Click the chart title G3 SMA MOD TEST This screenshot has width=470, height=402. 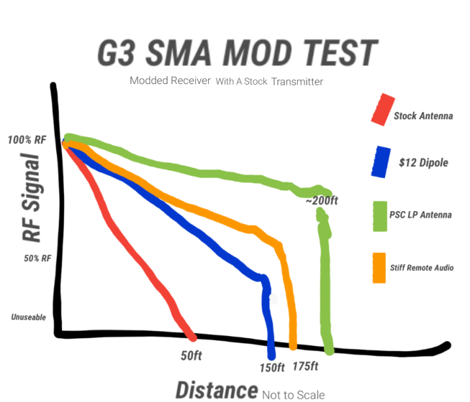point(238,52)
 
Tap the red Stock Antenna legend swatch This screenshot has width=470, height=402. point(381,109)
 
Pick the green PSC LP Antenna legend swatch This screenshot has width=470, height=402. point(381,216)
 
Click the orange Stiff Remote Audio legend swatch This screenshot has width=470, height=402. point(378,268)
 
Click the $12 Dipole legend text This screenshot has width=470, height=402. point(424,163)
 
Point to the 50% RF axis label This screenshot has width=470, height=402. point(37,258)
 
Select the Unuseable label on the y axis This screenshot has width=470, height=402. point(28,317)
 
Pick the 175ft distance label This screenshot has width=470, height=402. point(305,366)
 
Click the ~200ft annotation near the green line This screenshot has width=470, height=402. point(321,201)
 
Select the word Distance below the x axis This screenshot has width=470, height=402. point(216,391)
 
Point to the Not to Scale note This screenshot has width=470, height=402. point(293,395)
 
